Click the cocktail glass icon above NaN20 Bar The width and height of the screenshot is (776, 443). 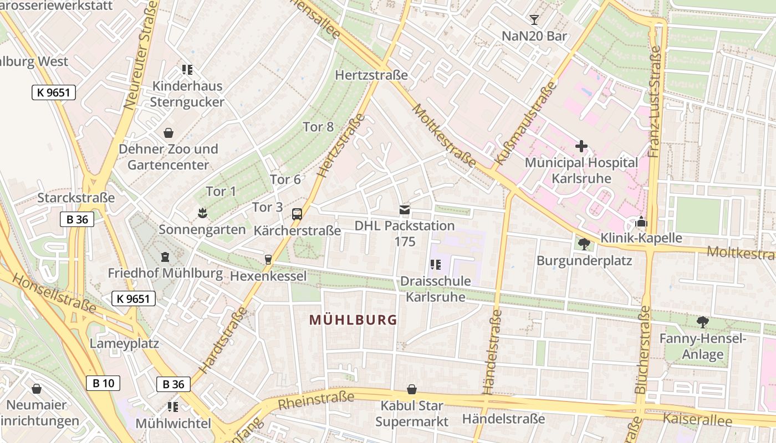click(534, 20)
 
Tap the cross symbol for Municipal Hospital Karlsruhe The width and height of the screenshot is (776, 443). click(581, 146)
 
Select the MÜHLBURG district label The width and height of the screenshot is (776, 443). click(353, 320)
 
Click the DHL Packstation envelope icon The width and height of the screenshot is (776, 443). click(405, 210)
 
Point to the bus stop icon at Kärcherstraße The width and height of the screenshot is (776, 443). click(297, 214)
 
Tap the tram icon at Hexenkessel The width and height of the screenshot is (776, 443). click(268, 259)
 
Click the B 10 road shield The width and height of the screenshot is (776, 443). click(103, 383)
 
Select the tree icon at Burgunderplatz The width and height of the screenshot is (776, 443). click(584, 244)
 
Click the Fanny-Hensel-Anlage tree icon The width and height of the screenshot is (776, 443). click(702, 322)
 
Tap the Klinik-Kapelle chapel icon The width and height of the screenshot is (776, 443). click(641, 222)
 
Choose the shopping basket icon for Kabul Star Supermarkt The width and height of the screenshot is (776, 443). click(411, 389)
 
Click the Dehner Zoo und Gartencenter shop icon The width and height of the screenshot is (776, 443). click(169, 133)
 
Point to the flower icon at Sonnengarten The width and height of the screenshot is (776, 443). click(202, 213)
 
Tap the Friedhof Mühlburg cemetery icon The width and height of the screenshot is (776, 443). click(165, 257)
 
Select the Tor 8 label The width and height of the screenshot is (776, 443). click(318, 127)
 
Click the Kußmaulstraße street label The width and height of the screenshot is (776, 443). click(524, 123)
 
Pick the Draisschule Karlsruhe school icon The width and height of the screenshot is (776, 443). click(435, 265)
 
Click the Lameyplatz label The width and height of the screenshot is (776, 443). click(124, 343)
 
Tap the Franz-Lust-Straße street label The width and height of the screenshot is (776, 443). click(655, 101)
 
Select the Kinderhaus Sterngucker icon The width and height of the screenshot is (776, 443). click(187, 70)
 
